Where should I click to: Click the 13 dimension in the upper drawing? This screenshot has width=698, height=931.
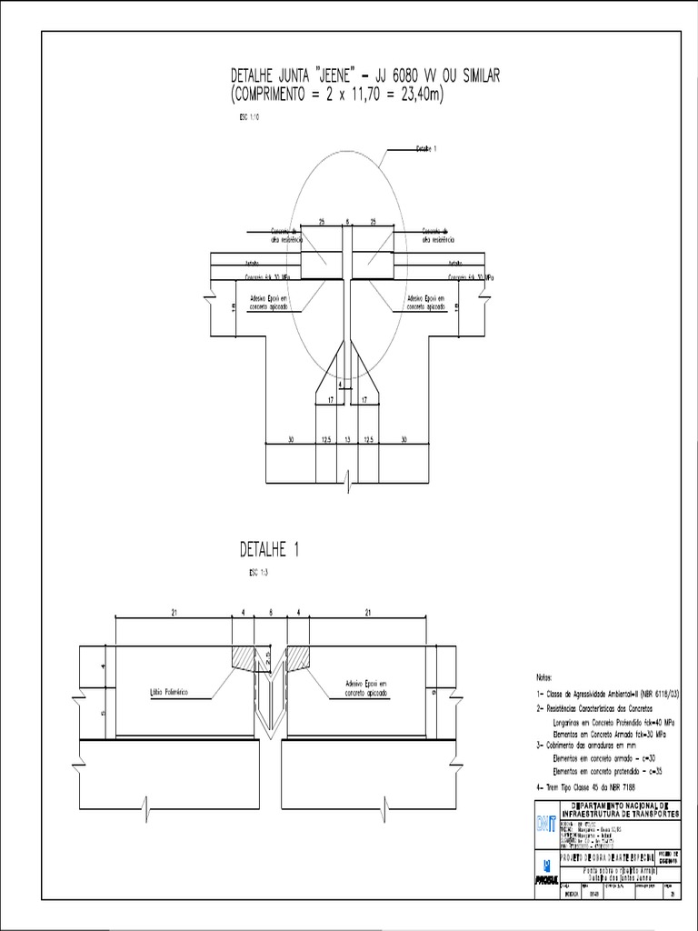[x=348, y=439]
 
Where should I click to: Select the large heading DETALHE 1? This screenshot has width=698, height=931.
[x=269, y=550]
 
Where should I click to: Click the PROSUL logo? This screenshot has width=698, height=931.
[x=543, y=875]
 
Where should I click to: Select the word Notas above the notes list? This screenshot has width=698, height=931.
[x=538, y=678]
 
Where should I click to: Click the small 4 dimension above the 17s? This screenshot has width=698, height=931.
[x=340, y=385]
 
